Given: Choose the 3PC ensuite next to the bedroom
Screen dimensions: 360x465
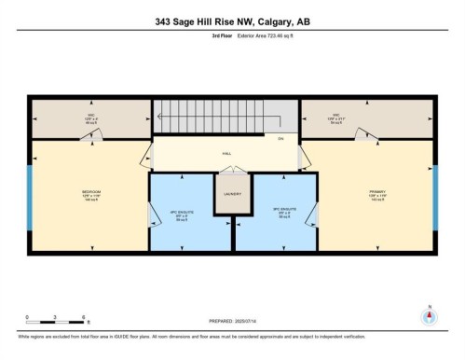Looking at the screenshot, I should coord(190,210).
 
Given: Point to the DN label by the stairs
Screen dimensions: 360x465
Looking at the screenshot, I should coord(280,138).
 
